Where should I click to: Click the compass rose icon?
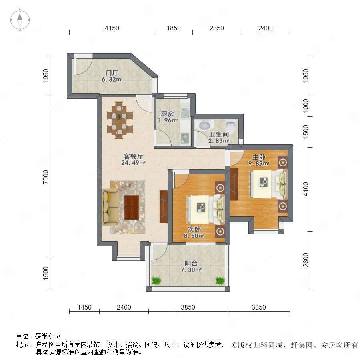[20, 20]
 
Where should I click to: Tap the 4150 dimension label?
[112, 28]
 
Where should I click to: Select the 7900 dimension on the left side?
[46, 177]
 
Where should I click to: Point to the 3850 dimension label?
[188, 307]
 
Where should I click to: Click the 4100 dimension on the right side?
[306, 189]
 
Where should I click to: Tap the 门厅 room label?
[112, 73]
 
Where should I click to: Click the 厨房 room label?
[167, 114]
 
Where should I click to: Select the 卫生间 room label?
[219, 134]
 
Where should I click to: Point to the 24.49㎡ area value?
[133, 163]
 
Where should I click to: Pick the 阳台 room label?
[191, 263]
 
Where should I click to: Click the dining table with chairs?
[120, 120]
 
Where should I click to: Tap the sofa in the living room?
[111, 207]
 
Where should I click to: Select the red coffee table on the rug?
[132, 207]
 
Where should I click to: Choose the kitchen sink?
[185, 113]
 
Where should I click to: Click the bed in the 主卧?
[268, 184]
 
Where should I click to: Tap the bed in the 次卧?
[206, 209]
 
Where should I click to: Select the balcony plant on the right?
[220, 280]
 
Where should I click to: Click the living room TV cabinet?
[164, 206]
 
